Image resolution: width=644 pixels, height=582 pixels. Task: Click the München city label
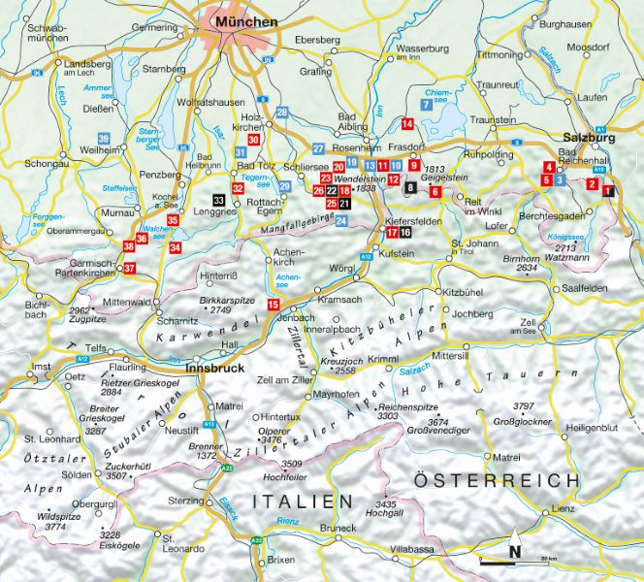point(246,20)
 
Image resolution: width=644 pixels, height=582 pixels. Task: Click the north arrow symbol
point(515,549)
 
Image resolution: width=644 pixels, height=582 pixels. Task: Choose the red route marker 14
point(407,123)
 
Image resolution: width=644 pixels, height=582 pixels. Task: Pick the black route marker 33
point(219,200)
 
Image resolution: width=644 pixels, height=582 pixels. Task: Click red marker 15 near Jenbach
point(274,305)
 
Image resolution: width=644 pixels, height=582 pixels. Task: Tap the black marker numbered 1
point(608,191)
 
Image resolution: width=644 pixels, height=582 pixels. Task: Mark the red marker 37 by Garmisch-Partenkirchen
point(130,268)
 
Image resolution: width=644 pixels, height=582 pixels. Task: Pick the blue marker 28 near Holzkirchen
point(282,113)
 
